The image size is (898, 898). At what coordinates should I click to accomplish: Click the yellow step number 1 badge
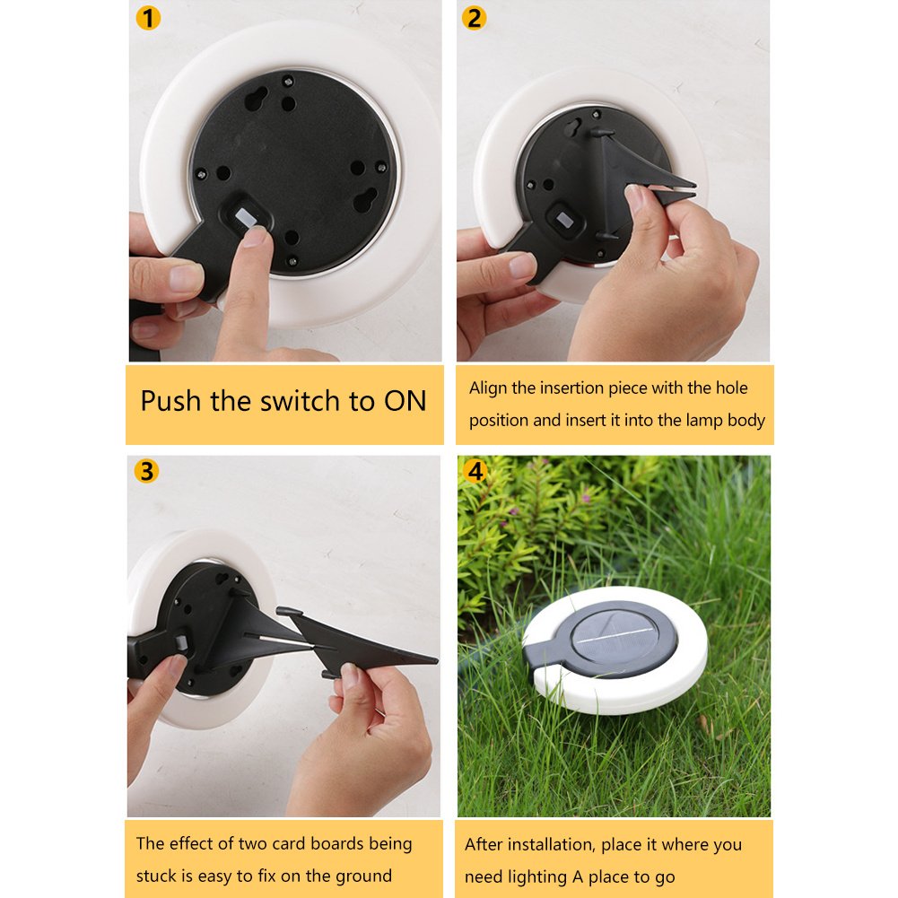tap(148, 18)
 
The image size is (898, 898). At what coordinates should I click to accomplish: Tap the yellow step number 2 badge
tap(474, 18)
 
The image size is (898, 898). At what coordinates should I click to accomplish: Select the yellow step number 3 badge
tap(146, 471)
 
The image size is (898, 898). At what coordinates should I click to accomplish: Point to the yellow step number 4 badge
tap(475, 471)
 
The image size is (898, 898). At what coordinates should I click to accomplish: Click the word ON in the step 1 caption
tap(405, 401)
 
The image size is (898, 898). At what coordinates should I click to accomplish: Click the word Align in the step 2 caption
tap(488, 388)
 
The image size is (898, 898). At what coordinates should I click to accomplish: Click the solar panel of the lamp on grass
tap(616, 638)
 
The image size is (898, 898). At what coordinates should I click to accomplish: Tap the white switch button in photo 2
tap(563, 219)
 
